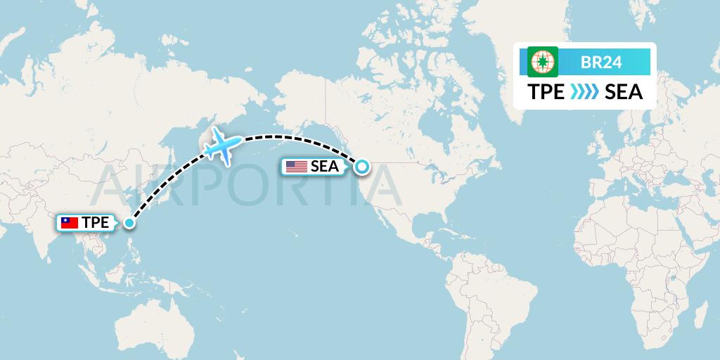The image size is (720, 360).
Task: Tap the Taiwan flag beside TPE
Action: point(70,223)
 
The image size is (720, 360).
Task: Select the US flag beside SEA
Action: point(297,167)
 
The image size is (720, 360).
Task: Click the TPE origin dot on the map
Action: point(129,223)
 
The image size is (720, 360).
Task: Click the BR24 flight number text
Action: point(601,63)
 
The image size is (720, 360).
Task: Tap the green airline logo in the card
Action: point(543,62)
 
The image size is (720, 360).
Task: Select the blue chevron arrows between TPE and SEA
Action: point(584,92)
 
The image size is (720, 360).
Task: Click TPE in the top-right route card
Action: point(546,92)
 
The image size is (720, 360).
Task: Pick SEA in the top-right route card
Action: point(624,92)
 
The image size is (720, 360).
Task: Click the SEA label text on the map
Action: point(325,167)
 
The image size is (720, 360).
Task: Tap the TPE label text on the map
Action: point(95,223)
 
